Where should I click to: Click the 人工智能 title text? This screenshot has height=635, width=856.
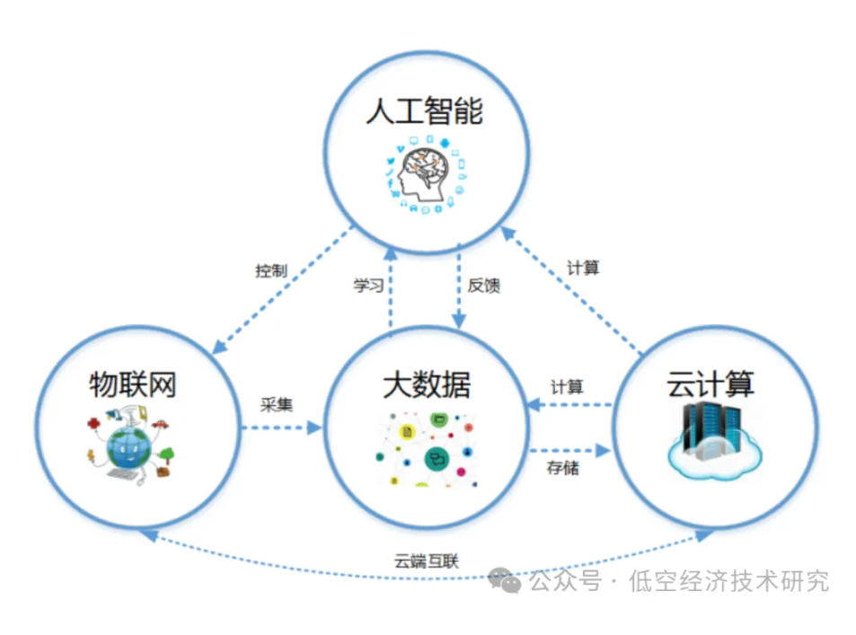(424, 112)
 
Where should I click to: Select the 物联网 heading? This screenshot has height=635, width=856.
(133, 384)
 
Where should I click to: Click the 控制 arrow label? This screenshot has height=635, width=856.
(270, 270)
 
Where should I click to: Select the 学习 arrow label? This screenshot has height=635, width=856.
(368, 286)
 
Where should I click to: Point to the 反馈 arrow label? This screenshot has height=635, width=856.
(484, 286)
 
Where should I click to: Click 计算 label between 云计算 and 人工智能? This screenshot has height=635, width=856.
(583, 268)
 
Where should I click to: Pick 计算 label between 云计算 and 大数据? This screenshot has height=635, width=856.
(567, 387)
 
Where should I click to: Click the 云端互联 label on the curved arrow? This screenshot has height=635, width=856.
(427, 561)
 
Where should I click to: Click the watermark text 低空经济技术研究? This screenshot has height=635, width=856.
(730, 581)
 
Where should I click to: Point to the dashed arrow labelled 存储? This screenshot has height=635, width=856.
(569, 448)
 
